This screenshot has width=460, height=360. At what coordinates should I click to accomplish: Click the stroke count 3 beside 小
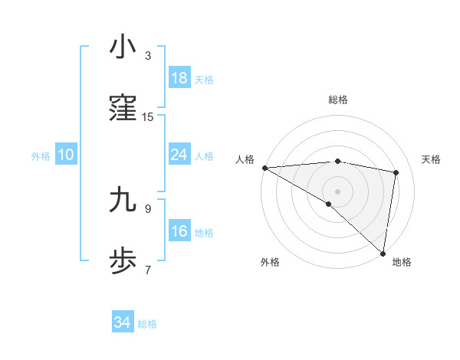(148, 56)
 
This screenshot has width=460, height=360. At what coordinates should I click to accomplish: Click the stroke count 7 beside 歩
(148, 270)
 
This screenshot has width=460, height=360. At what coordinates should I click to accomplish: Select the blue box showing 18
(179, 78)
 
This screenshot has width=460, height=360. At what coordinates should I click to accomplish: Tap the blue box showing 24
(179, 155)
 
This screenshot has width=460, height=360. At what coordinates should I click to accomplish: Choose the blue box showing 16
(179, 231)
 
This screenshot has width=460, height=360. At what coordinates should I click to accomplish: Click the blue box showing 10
(66, 155)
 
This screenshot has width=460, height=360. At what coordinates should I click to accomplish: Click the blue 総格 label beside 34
(147, 324)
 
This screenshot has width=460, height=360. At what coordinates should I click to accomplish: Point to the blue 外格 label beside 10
(41, 156)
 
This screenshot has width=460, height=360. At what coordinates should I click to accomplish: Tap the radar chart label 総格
(338, 100)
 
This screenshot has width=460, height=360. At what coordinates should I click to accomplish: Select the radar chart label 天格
(432, 159)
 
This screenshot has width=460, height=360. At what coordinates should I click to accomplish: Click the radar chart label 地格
(402, 262)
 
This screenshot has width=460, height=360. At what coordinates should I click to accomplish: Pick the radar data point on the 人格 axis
(264, 168)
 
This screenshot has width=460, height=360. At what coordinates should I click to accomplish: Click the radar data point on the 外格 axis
(329, 204)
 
